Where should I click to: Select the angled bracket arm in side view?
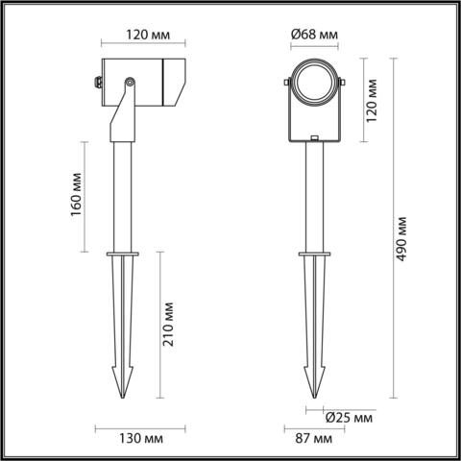tap(120, 115)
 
